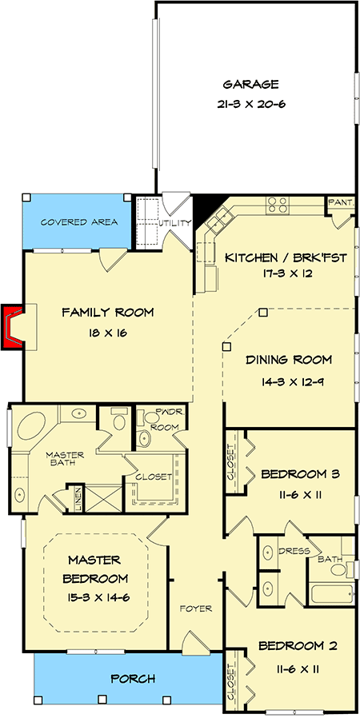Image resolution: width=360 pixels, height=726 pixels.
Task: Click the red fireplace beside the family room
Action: pyautogui.click(x=11, y=327)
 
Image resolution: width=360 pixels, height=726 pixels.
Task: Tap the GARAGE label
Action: pyautogui.click(x=250, y=85)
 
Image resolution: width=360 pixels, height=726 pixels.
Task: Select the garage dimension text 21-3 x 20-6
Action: pyautogui.click(x=250, y=104)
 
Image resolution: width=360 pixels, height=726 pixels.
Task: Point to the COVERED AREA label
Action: pyautogui.click(x=79, y=222)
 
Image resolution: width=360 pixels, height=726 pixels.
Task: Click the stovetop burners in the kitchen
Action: pyautogui.click(x=278, y=205)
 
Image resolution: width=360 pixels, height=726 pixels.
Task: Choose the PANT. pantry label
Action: pyautogui.click(x=341, y=202)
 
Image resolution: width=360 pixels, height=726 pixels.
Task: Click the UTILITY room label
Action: pyautogui.click(x=174, y=223)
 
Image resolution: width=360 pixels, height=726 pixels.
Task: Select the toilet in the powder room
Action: pyautogui.click(x=144, y=438)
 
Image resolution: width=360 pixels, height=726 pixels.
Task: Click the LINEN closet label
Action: pyautogui.click(x=78, y=499)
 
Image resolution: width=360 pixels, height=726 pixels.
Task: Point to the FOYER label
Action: pyautogui.click(x=196, y=608)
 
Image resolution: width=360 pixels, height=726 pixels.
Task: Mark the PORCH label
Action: pyautogui.click(x=133, y=680)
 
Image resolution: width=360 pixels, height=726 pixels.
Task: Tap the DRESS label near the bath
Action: pyautogui.click(x=294, y=551)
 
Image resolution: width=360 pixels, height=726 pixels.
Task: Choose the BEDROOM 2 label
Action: pyautogui.click(x=298, y=646)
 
